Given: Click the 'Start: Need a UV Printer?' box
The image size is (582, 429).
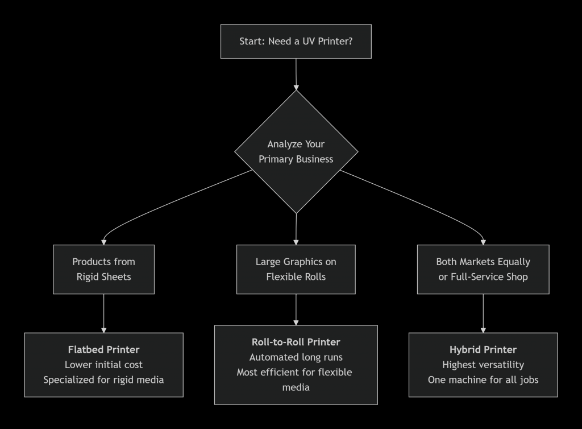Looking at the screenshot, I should (x=296, y=42).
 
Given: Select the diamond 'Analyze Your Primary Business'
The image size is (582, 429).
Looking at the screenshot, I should (x=296, y=152).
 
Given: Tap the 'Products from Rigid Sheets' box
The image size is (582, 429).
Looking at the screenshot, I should (x=103, y=269).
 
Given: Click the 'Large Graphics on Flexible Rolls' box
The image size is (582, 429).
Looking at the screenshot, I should (x=296, y=269).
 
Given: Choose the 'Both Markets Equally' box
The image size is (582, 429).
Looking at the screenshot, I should (x=483, y=269).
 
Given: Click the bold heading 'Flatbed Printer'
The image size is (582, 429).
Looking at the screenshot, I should (x=103, y=349).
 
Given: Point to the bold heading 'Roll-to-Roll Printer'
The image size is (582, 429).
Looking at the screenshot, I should (x=296, y=342).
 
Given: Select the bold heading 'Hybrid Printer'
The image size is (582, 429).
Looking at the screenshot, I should (x=483, y=349).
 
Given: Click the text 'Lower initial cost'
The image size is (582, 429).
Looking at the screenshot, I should (x=103, y=364).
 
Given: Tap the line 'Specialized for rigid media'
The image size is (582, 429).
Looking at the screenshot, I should (x=103, y=379).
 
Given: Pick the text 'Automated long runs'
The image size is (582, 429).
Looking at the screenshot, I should (x=296, y=357).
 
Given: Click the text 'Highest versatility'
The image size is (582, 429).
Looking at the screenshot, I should (x=483, y=364).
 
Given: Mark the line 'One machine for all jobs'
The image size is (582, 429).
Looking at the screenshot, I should (x=483, y=379).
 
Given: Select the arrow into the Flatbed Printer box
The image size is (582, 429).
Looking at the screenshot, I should (x=103, y=313).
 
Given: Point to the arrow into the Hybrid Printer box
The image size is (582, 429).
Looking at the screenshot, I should (x=483, y=313).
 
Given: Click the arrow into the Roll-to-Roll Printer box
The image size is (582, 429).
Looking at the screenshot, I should (x=296, y=310).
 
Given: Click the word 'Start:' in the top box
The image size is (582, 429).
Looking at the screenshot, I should (x=252, y=42).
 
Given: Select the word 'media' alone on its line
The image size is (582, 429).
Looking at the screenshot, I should (x=296, y=387).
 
